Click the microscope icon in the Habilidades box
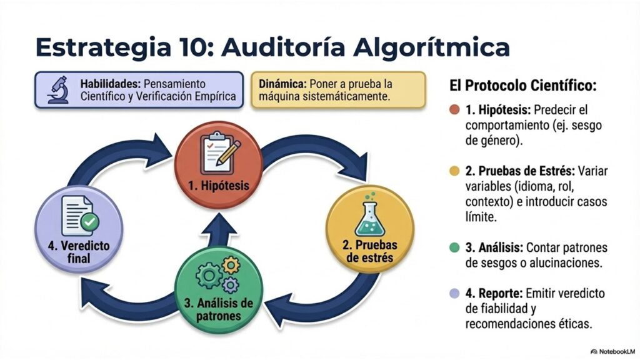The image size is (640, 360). pyautogui.click(x=58, y=90)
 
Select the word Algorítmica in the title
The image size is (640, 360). pyautogui.click(x=431, y=48)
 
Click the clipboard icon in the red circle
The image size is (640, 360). pyautogui.click(x=219, y=153)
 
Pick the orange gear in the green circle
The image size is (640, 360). pyautogui.click(x=231, y=266)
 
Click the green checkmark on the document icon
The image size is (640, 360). pyautogui.click(x=90, y=222)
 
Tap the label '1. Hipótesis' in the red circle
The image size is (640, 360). pyautogui.click(x=219, y=186)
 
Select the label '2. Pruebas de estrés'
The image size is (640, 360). pyautogui.click(x=370, y=251)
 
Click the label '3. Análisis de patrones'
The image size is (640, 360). pyautogui.click(x=218, y=310)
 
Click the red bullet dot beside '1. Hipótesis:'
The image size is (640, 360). pyautogui.click(x=454, y=110)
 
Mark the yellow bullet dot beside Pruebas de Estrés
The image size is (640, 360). pyautogui.click(x=454, y=171)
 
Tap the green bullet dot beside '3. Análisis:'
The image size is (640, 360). pyautogui.click(x=454, y=247)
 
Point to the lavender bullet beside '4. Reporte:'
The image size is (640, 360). pyautogui.click(x=454, y=294)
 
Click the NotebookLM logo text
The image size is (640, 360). pyautogui.click(x=613, y=351)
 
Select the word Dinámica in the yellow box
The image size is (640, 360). pyautogui.click(x=282, y=84)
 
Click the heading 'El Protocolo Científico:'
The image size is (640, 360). pyautogui.click(x=523, y=86)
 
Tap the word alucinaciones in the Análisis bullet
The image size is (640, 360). pyautogui.click(x=563, y=263)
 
